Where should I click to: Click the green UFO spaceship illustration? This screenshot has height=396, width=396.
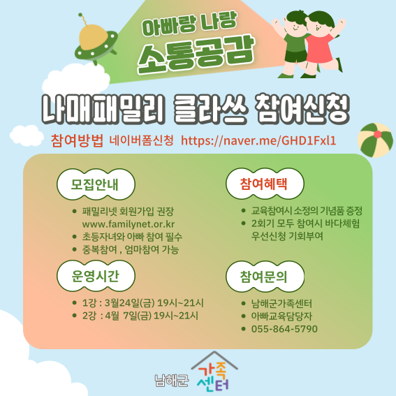[x=96, y=43]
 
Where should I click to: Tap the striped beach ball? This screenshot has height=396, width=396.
[x=375, y=140]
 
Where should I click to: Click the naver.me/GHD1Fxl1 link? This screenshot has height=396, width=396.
[x=258, y=140]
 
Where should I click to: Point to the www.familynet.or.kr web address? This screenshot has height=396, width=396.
[x=129, y=224]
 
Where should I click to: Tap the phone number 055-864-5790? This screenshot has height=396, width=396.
[x=284, y=329]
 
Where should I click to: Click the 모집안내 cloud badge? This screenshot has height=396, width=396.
[x=96, y=184]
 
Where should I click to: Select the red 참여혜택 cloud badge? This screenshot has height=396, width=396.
[x=265, y=184]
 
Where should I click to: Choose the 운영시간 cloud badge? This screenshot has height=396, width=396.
[x=96, y=276]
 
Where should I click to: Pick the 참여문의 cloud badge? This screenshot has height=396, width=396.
[x=265, y=277]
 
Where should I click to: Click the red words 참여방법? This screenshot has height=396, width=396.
[x=77, y=140]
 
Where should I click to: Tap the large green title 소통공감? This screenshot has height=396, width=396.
[x=196, y=55]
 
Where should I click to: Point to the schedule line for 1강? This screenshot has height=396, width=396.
[x=142, y=303]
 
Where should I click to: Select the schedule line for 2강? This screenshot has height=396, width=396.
[x=140, y=316]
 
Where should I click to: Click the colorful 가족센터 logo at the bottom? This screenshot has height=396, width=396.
[x=214, y=372]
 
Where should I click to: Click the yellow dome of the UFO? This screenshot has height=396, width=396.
[x=93, y=37]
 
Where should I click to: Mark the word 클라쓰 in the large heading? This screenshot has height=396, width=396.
[x=210, y=109]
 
